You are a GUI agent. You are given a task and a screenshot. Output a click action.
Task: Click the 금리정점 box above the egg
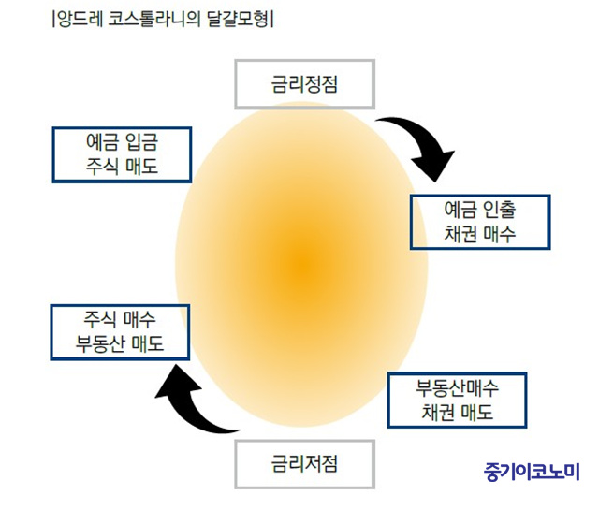click(304, 84)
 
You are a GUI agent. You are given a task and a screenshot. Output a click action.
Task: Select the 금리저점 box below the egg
click(304, 464)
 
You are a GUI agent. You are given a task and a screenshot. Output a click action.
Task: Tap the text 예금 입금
click(122, 142)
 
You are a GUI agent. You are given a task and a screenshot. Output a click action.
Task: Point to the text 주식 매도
click(122, 167)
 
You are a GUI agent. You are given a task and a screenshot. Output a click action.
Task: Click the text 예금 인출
click(480, 210)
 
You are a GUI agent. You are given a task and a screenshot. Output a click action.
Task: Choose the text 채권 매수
click(480, 234)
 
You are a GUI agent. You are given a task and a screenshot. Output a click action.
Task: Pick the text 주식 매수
click(120, 320)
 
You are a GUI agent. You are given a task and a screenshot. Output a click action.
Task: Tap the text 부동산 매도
click(120, 343)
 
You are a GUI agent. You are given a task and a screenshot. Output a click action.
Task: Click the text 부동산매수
click(457, 388)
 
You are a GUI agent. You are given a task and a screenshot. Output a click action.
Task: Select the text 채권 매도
click(457, 412)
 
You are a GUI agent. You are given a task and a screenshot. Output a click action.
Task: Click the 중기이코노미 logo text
click(532, 472)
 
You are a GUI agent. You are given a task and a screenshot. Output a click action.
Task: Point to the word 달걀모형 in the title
click(237, 19)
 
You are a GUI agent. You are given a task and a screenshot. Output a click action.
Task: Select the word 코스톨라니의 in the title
click(153, 19)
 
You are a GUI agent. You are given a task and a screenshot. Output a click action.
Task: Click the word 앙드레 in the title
click(80, 19)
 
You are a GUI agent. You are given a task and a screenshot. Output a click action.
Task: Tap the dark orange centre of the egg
click(302, 264)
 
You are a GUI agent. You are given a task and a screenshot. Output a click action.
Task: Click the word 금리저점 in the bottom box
click(304, 464)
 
